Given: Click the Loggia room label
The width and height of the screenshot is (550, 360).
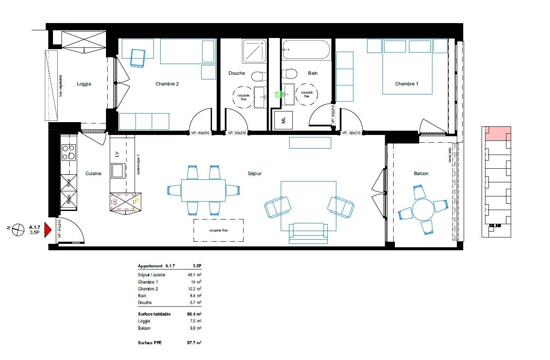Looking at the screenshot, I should tap(84, 84).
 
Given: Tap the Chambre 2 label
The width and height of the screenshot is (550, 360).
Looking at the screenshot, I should tap(167, 84).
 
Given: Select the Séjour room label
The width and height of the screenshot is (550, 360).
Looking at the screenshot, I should tap(254, 174).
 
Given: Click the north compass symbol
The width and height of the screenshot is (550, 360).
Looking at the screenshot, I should tap(18, 230).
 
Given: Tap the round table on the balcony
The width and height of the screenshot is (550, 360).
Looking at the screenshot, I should tap(423, 209).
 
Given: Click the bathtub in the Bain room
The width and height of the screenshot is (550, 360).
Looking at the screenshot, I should tap(306, 50).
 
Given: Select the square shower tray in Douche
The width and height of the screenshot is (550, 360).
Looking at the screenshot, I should tap(254, 51).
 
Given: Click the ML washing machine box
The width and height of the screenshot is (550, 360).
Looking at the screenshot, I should tap(283, 120).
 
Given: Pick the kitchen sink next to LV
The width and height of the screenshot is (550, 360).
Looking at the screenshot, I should tap(118, 170).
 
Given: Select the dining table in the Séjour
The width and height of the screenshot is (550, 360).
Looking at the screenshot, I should tap(203, 190).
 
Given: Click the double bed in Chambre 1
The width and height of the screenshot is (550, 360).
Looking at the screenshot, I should tap(407, 66).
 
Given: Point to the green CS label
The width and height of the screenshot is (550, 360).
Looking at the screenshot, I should tap(276, 94).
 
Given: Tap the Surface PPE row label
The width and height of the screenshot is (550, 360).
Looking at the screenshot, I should tap(150, 342).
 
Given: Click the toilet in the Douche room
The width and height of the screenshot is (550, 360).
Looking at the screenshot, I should tap(257, 76).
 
